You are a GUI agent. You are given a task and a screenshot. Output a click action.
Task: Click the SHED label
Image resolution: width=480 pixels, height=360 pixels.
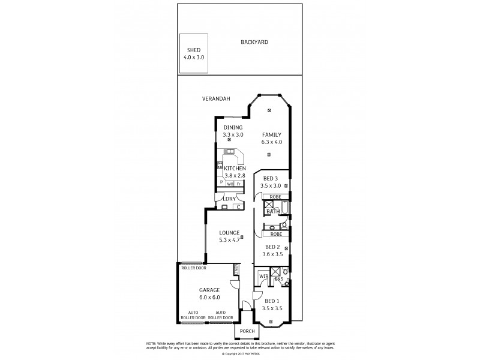pyautogui.click(x=193, y=50)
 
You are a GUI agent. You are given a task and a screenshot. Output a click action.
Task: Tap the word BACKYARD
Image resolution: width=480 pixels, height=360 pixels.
pyautogui.click(x=254, y=42)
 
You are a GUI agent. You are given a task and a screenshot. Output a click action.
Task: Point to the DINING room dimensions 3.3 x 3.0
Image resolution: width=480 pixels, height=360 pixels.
pyautogui.click(x=233, y=135)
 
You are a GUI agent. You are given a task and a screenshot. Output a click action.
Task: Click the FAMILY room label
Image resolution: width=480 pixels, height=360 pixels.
pyautogui.click(x=271, y=135)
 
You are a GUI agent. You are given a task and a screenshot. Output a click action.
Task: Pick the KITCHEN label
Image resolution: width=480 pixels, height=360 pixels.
pyautogui.click(x=235, y=169)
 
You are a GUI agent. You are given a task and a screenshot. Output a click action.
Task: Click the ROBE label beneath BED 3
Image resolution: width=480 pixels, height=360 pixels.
pyautogui.click(x=275, y=196)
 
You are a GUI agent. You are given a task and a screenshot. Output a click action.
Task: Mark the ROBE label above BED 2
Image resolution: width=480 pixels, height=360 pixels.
pyautogui.click(x=275, y=235)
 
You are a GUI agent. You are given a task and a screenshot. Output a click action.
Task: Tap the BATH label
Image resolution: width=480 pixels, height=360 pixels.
pyautogui.click(x=272, y=211)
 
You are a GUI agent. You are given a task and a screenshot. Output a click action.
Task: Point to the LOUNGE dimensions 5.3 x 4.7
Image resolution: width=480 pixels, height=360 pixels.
pyautogui.click(x=229, y=240)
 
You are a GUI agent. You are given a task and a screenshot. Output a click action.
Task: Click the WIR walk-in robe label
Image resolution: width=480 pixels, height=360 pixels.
pyautogui.click(x=263, y=277)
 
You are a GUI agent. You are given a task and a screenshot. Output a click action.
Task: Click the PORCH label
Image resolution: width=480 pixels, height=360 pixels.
pyautogui.click(x=247, y=332)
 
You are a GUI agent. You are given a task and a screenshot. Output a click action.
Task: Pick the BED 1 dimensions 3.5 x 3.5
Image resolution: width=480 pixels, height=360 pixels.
pyautogui.click(x=272, y=308)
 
